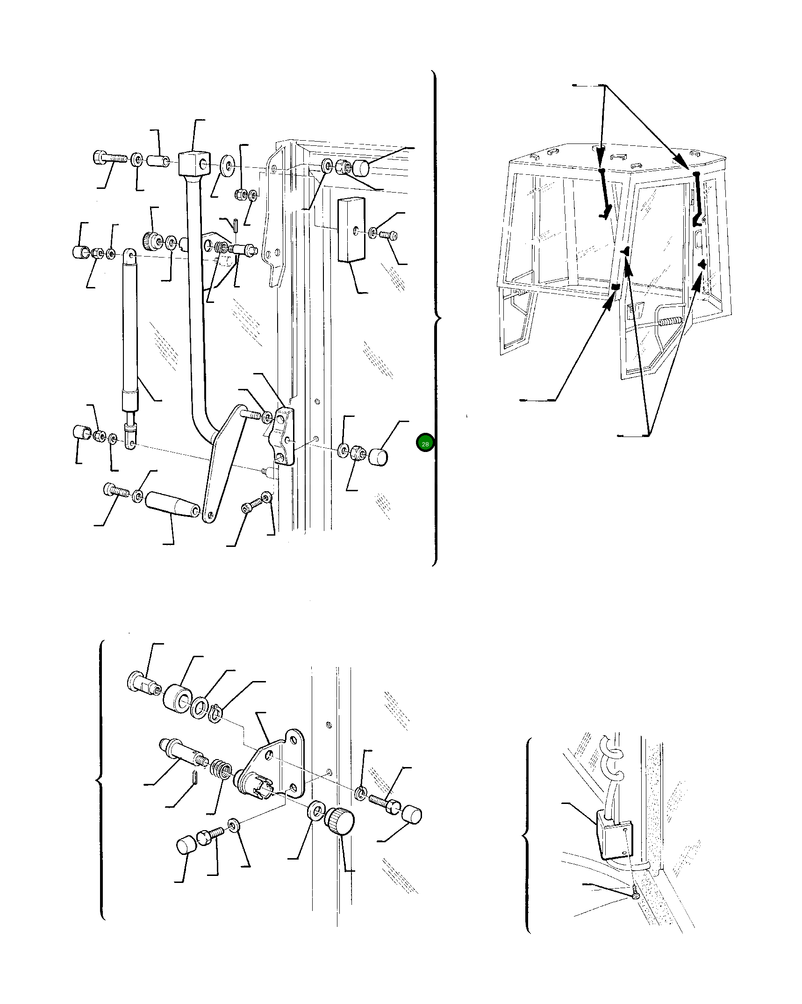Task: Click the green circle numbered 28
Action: click(425, 444)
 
